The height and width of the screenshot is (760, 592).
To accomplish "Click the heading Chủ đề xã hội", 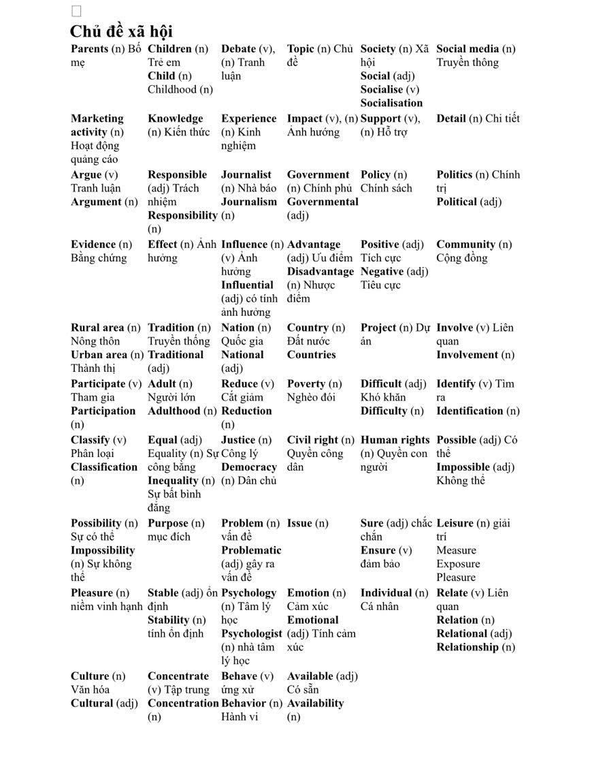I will [121, 31].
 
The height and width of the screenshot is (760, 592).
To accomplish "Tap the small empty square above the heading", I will [76, 11].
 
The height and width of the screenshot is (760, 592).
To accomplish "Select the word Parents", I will [89, 49].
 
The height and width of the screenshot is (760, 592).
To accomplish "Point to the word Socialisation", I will [391, 103].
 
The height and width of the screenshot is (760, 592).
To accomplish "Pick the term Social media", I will [467, 49].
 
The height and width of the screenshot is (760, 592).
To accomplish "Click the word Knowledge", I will [176, 118].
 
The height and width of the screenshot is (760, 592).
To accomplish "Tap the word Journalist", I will [246, 174].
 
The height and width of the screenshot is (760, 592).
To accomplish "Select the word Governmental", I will [323, 202].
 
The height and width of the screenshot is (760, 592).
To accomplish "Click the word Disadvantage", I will [320, 271].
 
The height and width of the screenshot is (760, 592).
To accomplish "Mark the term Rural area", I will [97, 328].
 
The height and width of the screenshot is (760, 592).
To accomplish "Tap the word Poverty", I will [306, 383].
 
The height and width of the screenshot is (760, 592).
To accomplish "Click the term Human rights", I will [395, 440].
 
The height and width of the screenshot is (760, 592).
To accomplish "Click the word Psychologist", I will [251, 633].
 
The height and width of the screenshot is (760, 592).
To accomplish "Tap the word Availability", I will [315, 703].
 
